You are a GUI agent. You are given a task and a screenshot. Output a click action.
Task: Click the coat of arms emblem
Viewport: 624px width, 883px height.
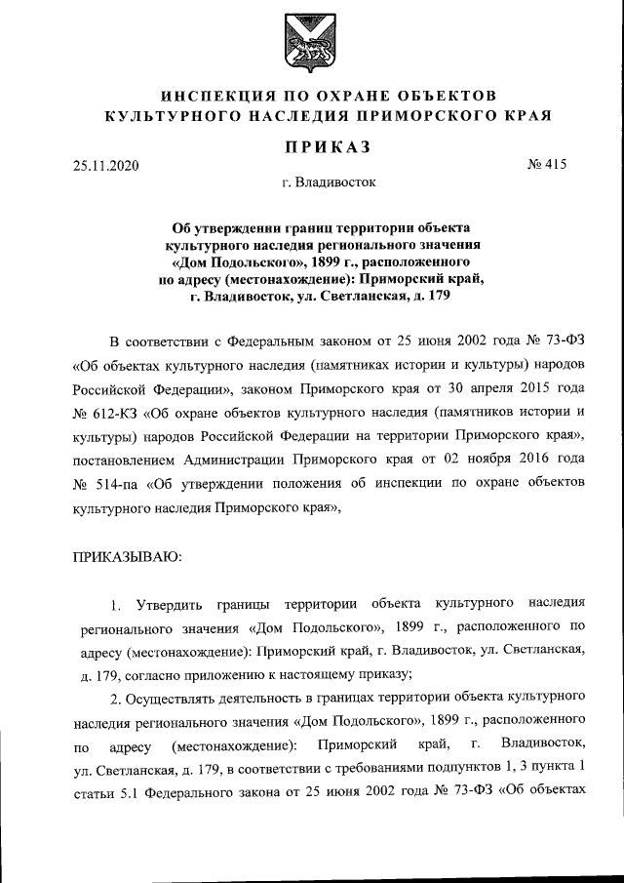[311, 43]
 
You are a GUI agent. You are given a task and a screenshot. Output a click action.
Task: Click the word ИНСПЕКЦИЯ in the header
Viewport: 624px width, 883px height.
[219, 96]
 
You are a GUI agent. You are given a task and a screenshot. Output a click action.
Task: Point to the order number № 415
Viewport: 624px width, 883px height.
[546, 165]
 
